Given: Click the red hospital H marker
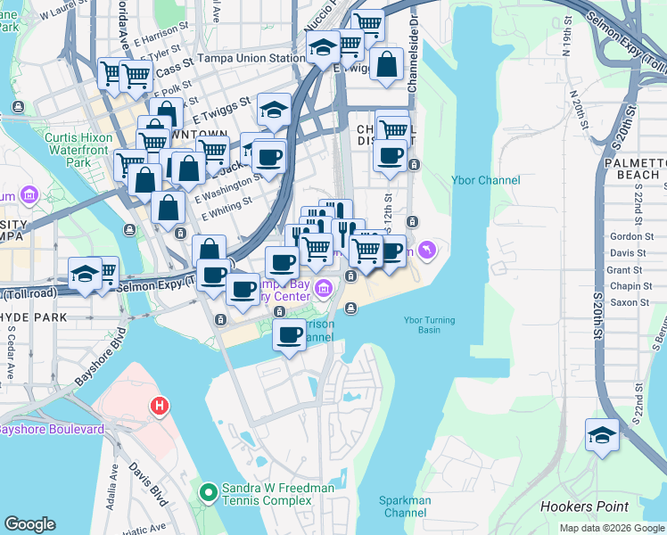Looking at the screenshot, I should tap(160, 407).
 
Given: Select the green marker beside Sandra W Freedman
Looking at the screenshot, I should tap(208, 491).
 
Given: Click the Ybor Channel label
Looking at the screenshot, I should tap(487, 181).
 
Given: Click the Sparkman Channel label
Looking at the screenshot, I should tap(406, 506).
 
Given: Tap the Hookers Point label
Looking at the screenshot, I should tap(584, 507).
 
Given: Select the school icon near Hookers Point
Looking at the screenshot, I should tap(603, 436).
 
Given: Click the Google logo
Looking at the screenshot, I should tap(29, 524).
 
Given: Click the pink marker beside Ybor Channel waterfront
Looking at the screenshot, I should tap(427, 251).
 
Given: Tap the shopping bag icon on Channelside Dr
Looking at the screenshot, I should tap(387, 65).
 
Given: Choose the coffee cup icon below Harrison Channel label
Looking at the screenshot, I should tap(288, 335).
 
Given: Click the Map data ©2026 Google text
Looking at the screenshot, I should tap(612, 528).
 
